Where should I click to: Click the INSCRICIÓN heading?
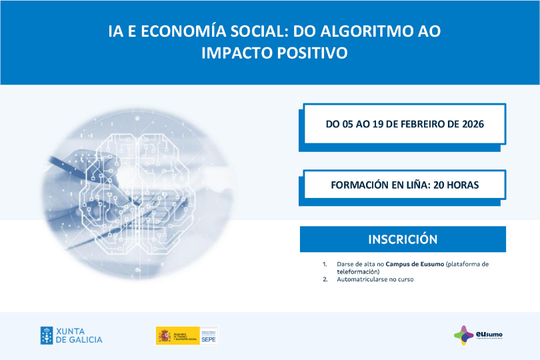coord(403,239)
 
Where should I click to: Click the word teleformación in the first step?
coord(358,271)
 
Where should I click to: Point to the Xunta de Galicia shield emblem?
coord(47,335)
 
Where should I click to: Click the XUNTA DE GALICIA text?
coord(79,335)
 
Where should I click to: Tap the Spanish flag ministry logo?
coord(177,335)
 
